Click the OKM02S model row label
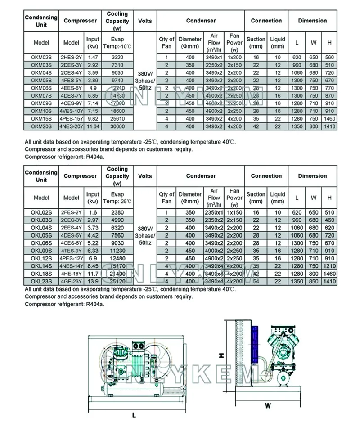tap(41, 58)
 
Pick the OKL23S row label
tap(41, 281)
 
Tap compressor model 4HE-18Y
tap(72, 274)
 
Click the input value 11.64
tap(93, 127)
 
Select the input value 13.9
tap(93, 281)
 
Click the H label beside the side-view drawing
tap(221, 355)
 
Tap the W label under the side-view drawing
tap(268, 405)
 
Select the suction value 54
tap(256, 281)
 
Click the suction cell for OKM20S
tap(256, 127)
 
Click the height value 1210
tap(329, 266)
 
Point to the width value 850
tap(312, 281)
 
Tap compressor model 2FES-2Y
tap(72, 212)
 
